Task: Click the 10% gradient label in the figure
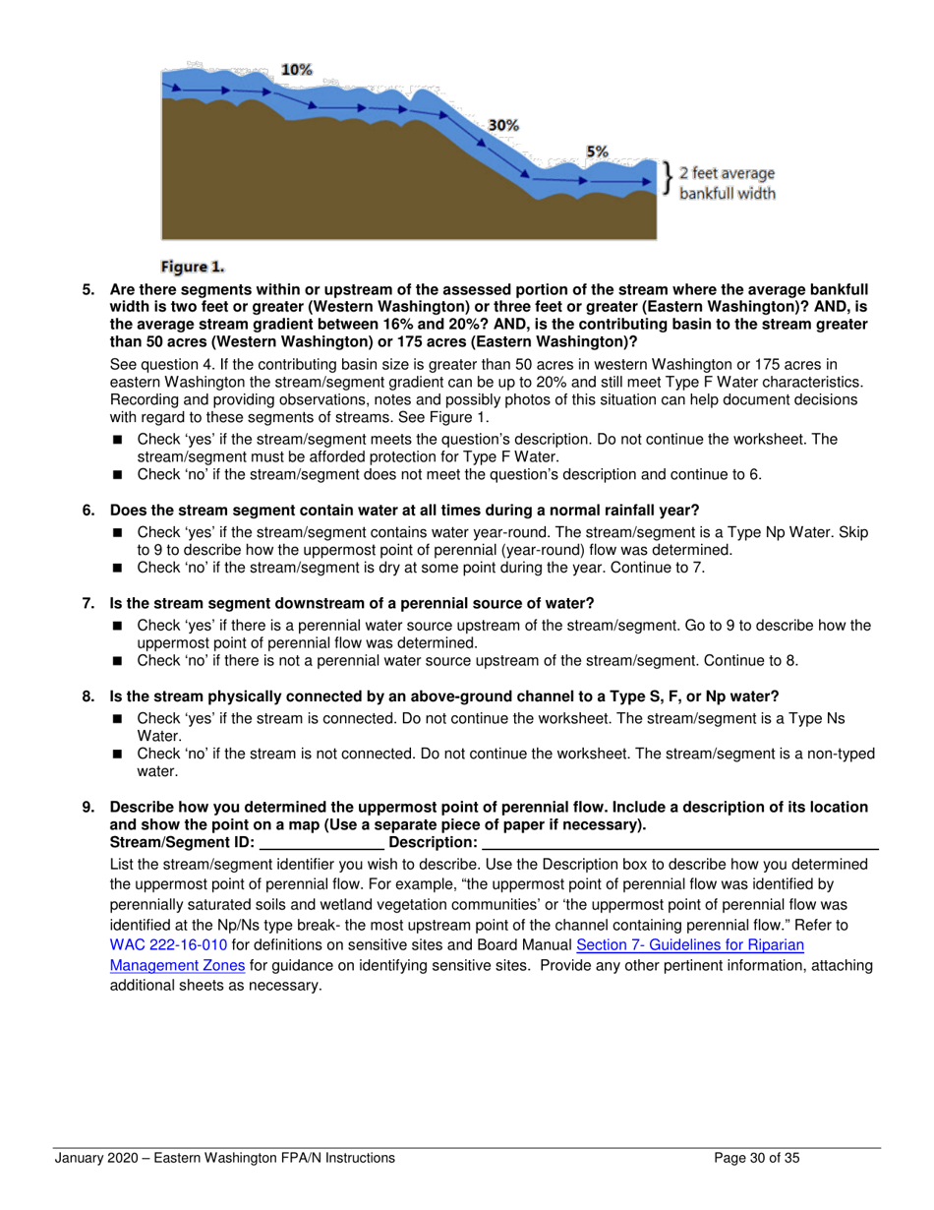pyautogui.click(x=296, y=70)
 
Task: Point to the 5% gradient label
pyautogui.click(x=597, y=151)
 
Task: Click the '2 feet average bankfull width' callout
pyautogui.click(x=727, y=184)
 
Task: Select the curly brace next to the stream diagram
pyautogui.click(x=668, y=178)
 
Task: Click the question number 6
pyautogui.click(x=88, y=510)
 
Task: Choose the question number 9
pyautogui.click(x=88, y=808)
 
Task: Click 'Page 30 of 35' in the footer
pyautogui.click(x=757, y=1158)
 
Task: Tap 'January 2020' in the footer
pyautogui.click(x=96, y=1158)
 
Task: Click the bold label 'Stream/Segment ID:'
pyautogui.click(x=182, y=843)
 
